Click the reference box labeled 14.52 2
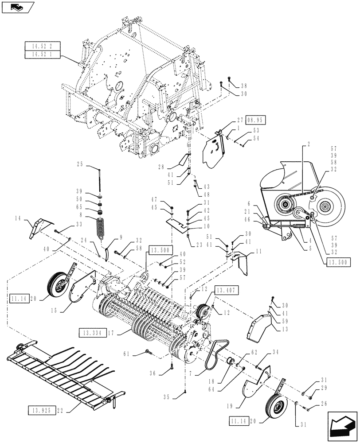(43, 46)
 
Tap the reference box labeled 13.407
(227, 290)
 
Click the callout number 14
(30, 218)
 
